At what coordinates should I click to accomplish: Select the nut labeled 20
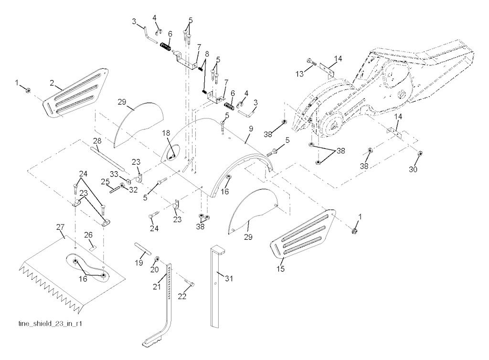click(157, 261)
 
